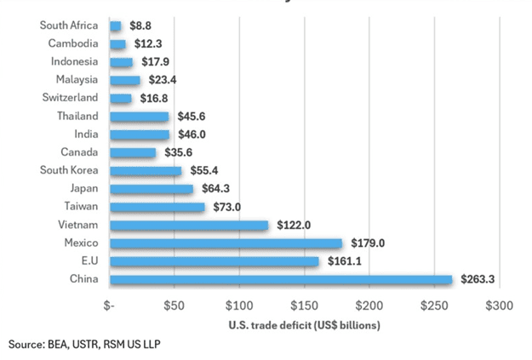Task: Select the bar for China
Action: [x=281, y=279]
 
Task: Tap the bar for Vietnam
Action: [x=189, y=225]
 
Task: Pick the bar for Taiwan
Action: [x=157, y=207]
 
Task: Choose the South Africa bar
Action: [x=116, y=26]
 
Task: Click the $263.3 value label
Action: [x=478, y=279]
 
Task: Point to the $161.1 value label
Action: [x=341, y=261]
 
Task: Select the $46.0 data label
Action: [x=189, y=134]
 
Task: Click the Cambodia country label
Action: [x=73, y=43]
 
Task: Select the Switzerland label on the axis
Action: [x=69, y=98]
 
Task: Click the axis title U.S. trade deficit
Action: [x=303, y=324]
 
